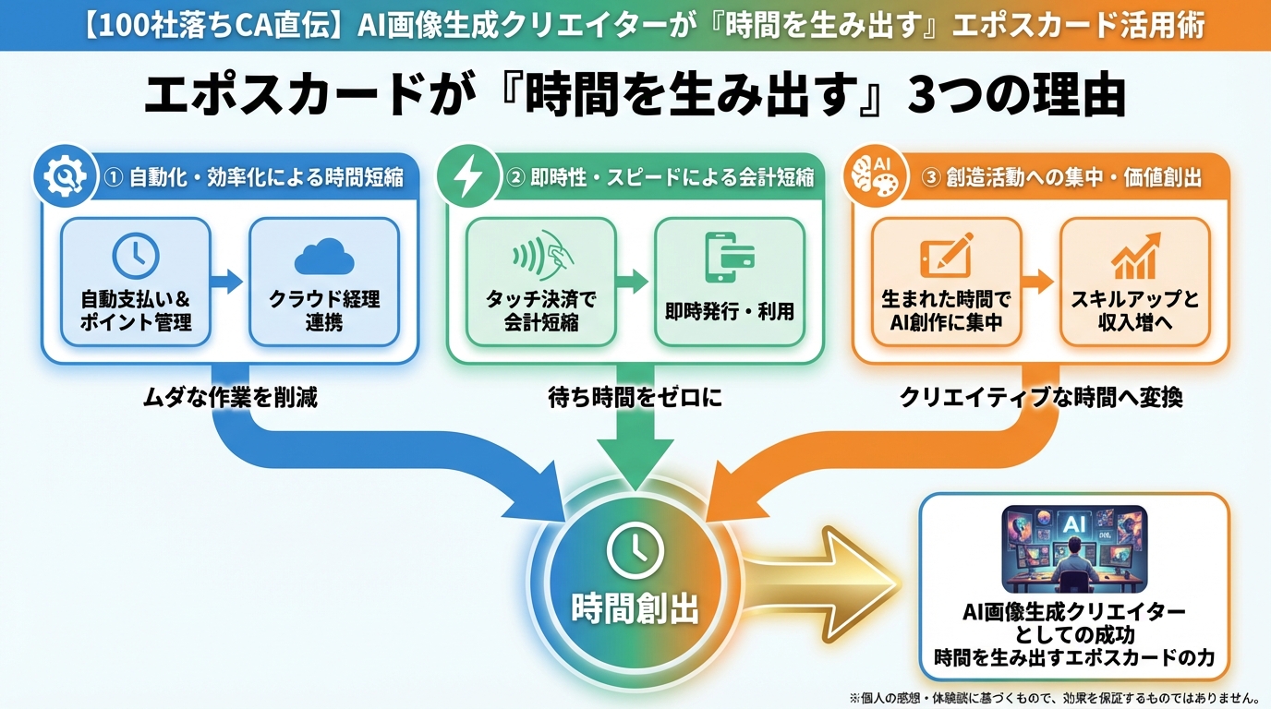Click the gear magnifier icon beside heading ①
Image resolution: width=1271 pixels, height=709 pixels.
click(x=60, y=175)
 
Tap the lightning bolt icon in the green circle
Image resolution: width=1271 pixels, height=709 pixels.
click(x=466, y=175)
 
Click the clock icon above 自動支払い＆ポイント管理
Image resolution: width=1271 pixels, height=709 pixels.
click(x=136, y=255)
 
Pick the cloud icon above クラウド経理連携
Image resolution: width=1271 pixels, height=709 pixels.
click(x=323, y=256)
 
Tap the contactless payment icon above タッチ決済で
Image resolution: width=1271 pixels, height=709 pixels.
click(x=540, y=255)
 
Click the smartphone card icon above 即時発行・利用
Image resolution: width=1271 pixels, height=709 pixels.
click(x=729, y=256)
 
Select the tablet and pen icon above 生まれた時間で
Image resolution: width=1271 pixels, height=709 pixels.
click(x=946, y=255)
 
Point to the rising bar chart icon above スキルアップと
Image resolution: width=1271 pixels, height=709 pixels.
click(x=1135, y=256)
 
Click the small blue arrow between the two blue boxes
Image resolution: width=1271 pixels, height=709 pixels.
click(x=226, y=282)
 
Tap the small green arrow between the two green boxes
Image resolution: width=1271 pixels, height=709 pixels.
click(x=634, y=282)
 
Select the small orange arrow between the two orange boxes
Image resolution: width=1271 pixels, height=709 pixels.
click(x=1039, y=282)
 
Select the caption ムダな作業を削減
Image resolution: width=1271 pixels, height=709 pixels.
click(x=230, y=398)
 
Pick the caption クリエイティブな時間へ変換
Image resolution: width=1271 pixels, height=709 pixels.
click(x=1041, y=398)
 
